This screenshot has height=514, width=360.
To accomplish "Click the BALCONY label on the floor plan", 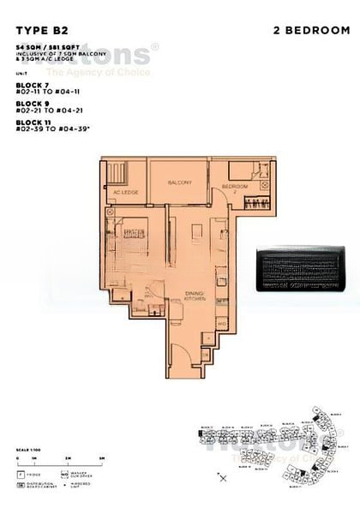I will pos(179,182).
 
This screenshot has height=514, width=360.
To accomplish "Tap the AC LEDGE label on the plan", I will pos(126,193).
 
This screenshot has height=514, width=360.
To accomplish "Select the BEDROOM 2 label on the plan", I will pos(235,188).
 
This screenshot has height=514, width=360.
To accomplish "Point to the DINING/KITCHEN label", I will pos(195,296).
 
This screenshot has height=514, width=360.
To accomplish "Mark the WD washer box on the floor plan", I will pos(220,324).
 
